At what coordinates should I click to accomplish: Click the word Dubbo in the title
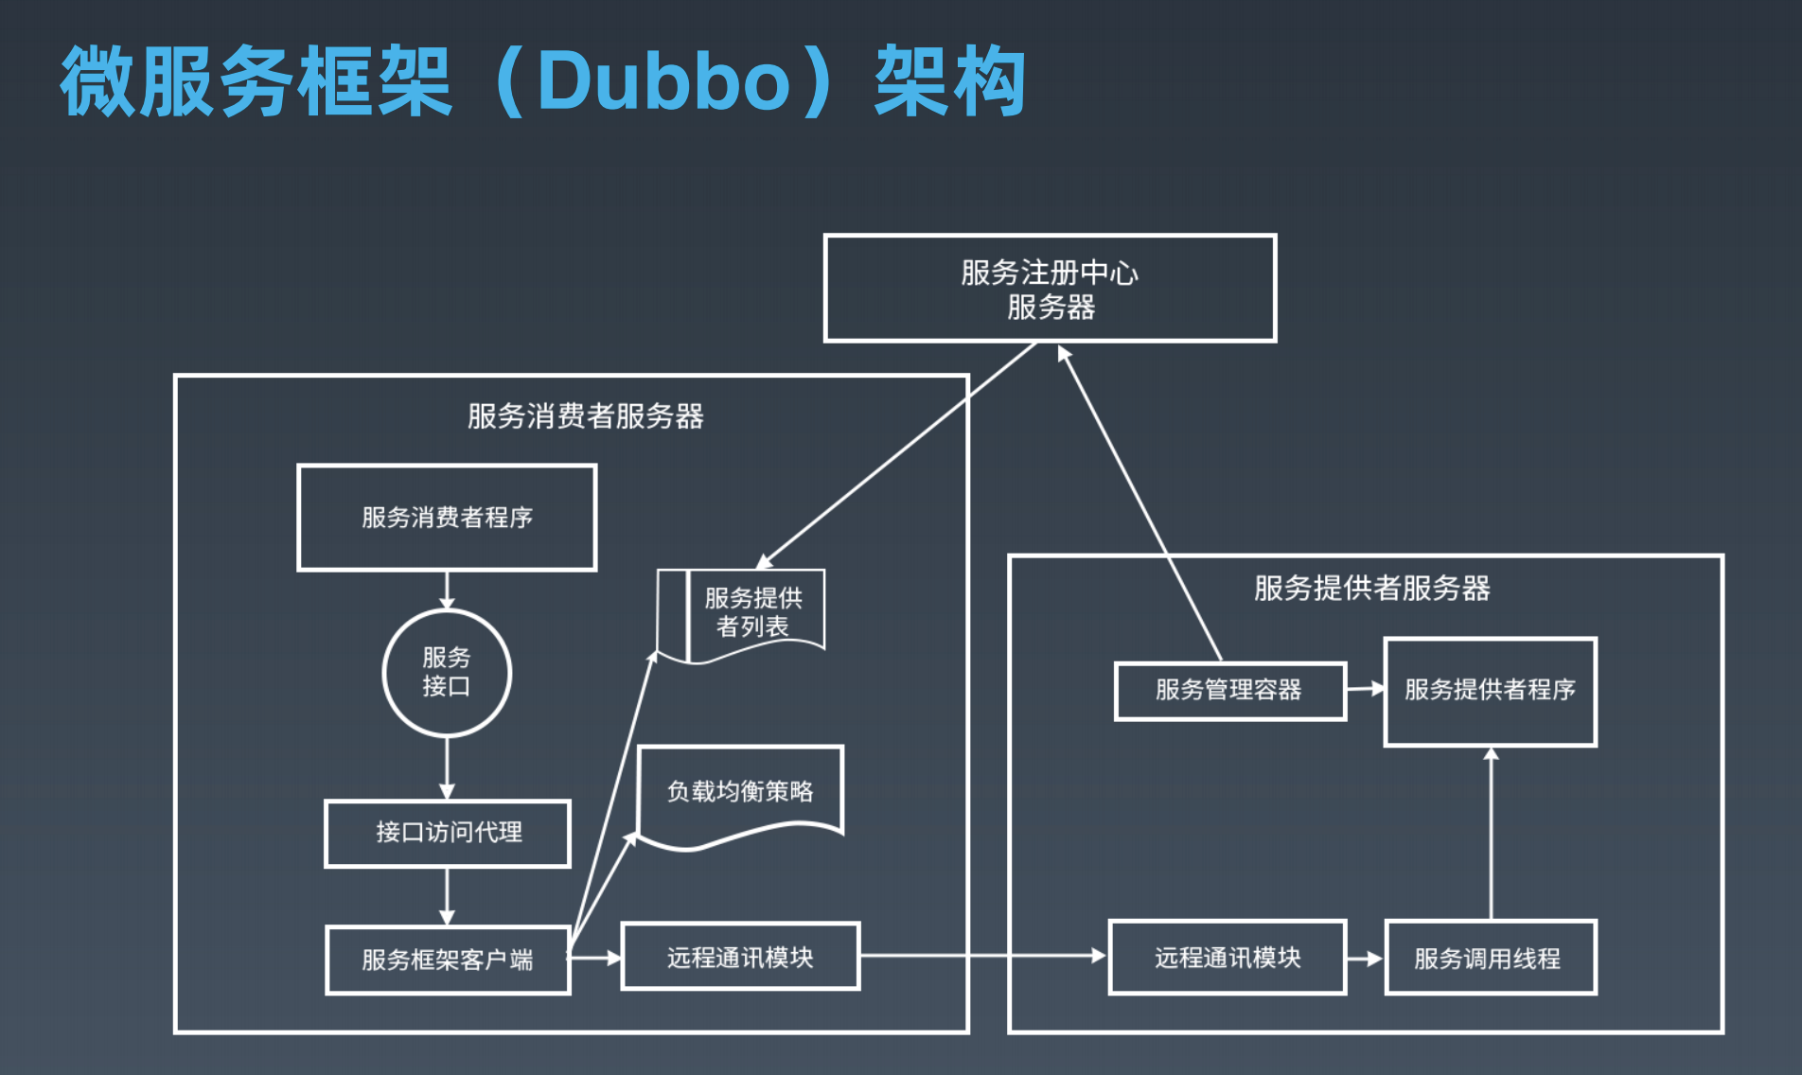coord(662,81)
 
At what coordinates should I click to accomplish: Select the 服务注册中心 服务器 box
coord(1050,289)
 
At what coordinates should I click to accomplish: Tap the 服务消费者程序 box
coord(447,518)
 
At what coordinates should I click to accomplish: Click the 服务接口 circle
coord(447,673)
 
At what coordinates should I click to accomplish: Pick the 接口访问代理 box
coord(448,833)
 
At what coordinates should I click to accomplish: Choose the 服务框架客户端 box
coord(448,960)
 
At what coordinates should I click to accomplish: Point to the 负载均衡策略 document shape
coord(740,792)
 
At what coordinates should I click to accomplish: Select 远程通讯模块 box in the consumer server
coord(740,957)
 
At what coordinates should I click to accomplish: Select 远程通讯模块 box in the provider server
coord(1228,958)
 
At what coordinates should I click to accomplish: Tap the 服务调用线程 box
coord(1490,958)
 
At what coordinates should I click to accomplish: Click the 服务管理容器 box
coord(1229,691)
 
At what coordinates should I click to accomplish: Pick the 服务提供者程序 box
coord(1490,691)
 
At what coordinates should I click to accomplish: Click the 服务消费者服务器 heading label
coord(585,416)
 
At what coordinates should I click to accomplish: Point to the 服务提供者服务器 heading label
coord(1371,589)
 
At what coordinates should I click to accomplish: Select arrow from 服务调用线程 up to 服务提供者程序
coord(1491,833)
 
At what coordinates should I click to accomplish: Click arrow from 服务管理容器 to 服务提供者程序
coord(1365,689)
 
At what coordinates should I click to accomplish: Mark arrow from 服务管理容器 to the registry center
coord(1140,502)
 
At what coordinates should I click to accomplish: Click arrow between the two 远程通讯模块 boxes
coord(984,956)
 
